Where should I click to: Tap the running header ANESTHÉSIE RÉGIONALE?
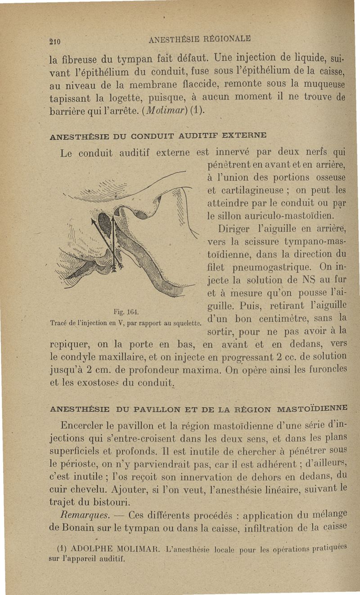tap(199, 38)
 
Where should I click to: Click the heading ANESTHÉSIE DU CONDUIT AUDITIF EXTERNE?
tap(158, 135)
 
